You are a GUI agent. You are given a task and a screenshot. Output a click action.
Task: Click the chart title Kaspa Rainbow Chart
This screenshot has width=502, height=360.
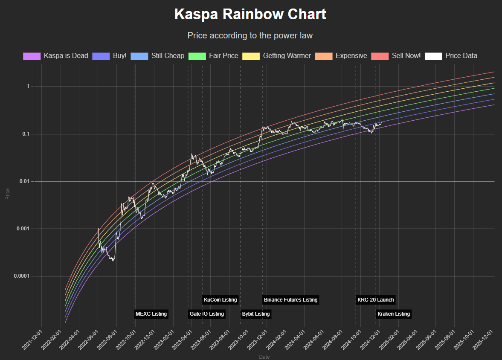point(250,14)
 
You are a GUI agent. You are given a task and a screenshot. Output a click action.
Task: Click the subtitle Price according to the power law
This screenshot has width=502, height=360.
point(250,35)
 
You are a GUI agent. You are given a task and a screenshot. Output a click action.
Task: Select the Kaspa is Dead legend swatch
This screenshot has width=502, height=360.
point(32,56)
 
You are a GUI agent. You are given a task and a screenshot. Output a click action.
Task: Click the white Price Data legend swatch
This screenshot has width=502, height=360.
point(433,56)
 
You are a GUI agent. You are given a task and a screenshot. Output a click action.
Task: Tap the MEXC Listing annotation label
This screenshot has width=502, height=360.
point(151,314)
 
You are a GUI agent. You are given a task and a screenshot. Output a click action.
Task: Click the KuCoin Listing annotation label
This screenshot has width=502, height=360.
point(220,300)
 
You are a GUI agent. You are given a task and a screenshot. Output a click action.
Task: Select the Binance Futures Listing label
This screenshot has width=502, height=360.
point(290,300)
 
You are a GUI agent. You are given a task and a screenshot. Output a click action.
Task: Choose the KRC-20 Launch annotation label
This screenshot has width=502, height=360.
point(375,300)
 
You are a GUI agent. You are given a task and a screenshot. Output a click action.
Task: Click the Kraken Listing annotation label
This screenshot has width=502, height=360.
point(393,314)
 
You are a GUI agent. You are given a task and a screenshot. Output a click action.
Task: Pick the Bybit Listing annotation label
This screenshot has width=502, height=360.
point(255,314)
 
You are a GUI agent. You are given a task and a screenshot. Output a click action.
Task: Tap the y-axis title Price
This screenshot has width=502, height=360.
point(7,194)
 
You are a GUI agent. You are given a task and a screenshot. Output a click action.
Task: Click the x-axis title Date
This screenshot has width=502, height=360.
point(264,357)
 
